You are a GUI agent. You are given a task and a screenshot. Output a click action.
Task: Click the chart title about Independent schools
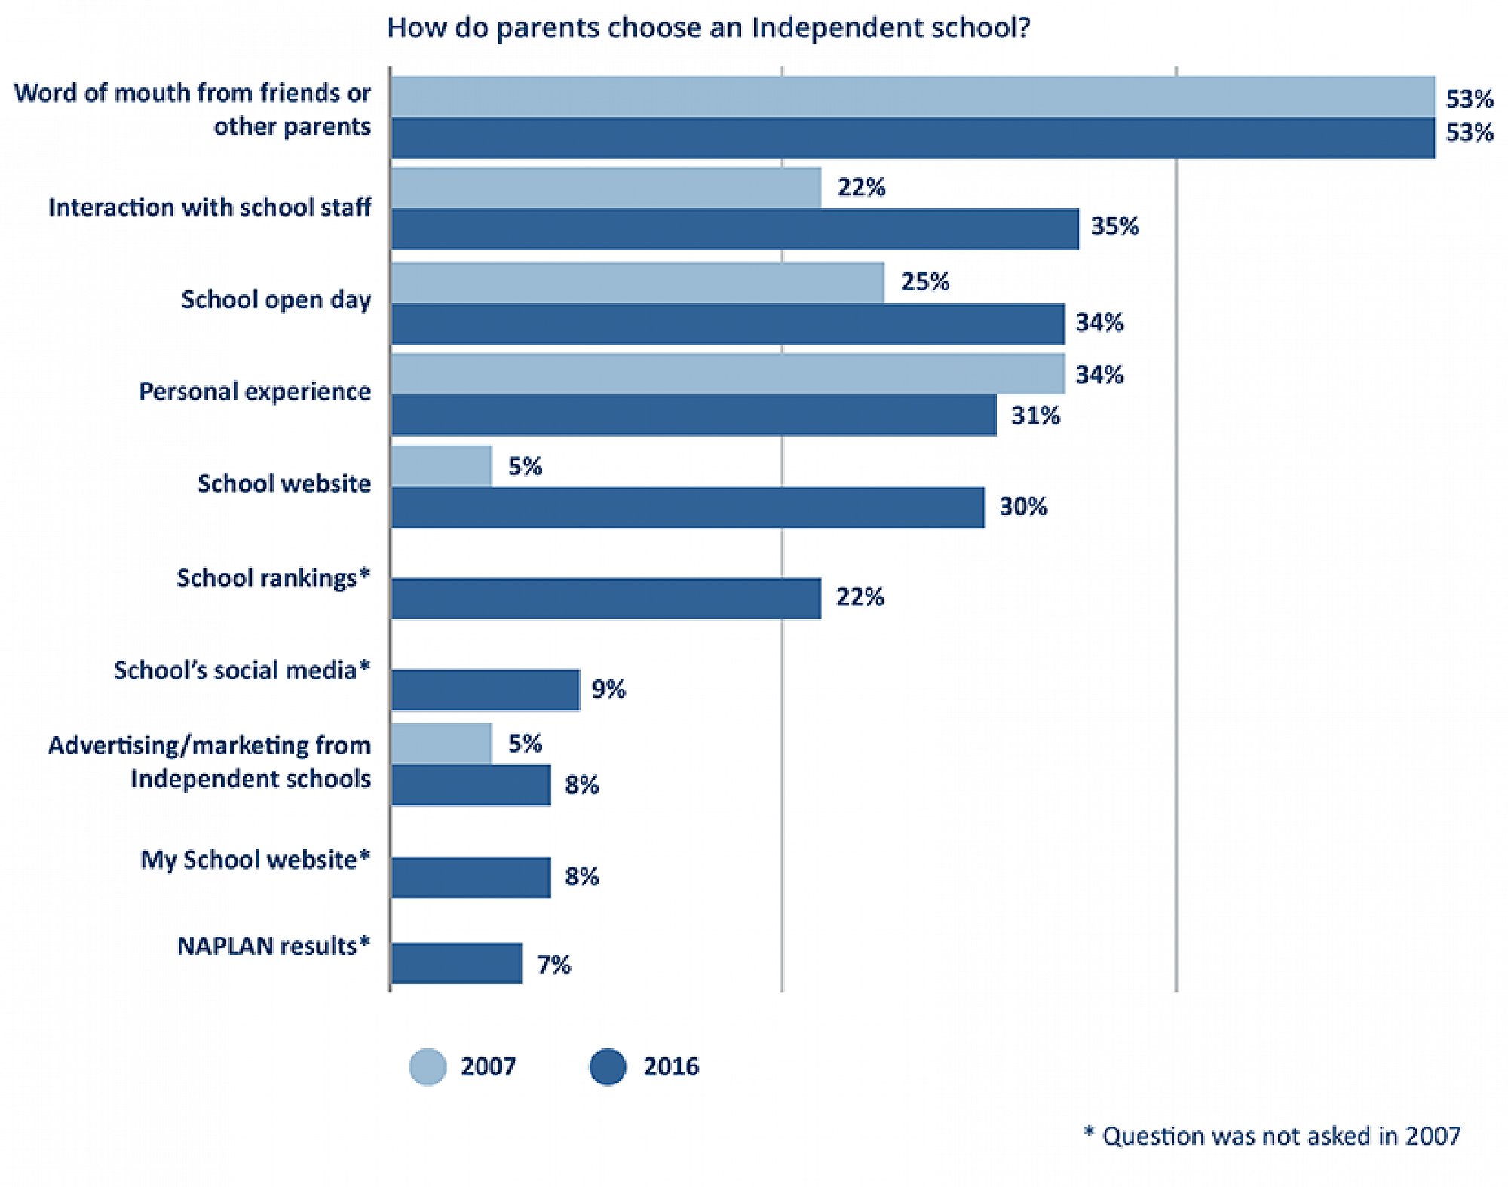708,28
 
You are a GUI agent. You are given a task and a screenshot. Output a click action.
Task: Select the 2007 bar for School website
442,466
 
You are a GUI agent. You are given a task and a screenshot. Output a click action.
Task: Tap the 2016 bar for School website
688,508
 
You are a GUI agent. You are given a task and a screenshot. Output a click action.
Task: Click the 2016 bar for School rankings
605,599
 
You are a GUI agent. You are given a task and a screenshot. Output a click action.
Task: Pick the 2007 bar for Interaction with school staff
605,188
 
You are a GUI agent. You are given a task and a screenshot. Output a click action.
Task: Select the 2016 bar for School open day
728,324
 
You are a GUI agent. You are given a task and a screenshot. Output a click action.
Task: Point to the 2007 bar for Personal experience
728,374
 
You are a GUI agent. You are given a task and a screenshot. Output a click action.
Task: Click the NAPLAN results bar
456,963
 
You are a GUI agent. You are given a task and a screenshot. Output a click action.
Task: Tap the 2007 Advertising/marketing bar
442,744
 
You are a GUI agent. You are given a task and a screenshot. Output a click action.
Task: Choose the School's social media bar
486,690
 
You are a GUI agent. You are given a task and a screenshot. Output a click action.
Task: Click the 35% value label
1114,226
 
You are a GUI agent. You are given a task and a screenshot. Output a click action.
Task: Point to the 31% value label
1035,416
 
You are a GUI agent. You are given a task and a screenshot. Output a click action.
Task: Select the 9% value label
608,689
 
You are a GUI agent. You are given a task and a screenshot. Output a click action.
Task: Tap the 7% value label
553,965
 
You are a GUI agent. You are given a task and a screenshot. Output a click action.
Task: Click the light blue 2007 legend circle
428,1066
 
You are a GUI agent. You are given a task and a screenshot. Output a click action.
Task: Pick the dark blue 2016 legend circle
608,1066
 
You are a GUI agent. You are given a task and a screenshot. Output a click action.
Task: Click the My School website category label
255,860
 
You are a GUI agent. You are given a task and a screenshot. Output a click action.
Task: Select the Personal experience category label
255,391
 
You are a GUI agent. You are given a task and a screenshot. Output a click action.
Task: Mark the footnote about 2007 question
1272,1136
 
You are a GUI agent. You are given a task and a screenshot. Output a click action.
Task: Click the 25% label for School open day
924,282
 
